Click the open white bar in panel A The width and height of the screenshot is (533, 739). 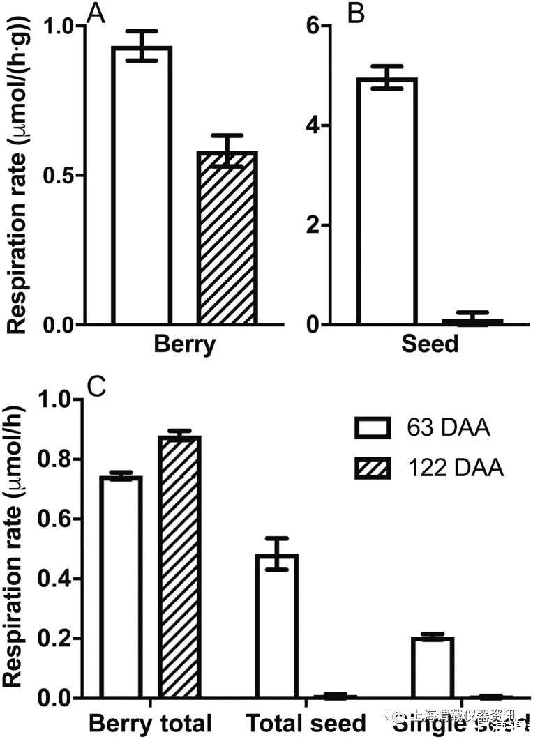pyautogui.click(x=142, y=185)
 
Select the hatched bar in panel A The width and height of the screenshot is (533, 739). pyautogui.click(x=227, y=237)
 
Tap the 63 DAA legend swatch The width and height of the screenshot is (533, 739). pyautogui.click(x=375, y=427)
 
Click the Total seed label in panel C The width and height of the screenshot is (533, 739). pyautogui.click(x=306, y=722)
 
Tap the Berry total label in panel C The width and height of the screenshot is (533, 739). pyautogui.click(x=150, y=722)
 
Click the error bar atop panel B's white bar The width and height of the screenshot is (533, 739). pyautogui.click(x=386, y=77)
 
